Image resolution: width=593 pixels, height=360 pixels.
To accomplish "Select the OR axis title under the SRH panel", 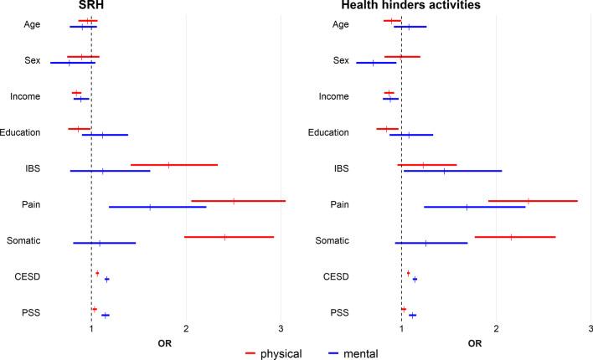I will pos(166,342).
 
